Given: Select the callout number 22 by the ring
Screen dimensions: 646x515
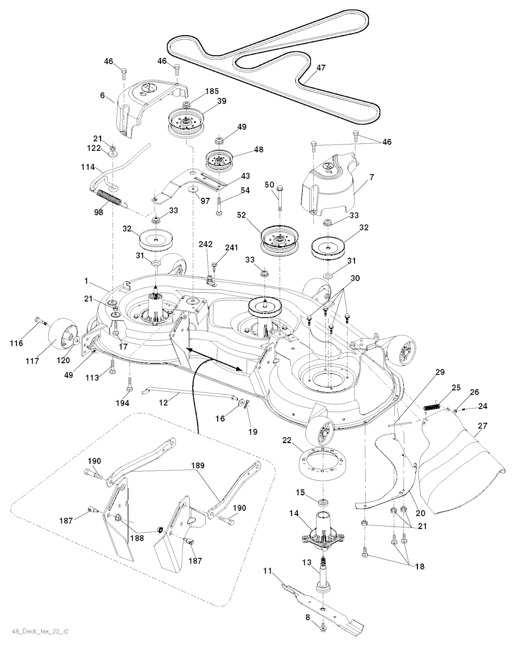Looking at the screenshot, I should (287, 440).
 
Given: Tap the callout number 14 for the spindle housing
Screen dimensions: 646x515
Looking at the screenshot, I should (294, 513).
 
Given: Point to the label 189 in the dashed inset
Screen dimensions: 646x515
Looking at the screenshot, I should (197, 466).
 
